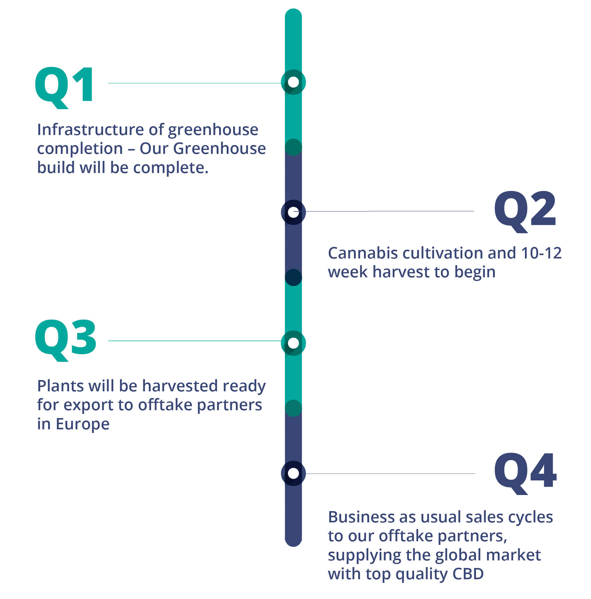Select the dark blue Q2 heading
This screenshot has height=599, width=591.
pos(524,212)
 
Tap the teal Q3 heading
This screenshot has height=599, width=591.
pos(65,341)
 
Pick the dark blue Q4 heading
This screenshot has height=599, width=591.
pos(525,474)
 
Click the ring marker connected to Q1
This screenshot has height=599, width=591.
pos(293,82)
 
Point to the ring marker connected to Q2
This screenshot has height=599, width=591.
pos(293,212)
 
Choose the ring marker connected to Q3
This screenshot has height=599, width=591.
pos(293,343)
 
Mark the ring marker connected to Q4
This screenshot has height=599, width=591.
pos(293,473)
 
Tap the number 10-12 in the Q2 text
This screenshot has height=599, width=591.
pos(541,253)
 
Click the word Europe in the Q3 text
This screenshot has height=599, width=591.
pos(82,424)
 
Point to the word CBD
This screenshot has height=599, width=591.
pos(468,573)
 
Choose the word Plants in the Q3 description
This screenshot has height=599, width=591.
pos(61,386)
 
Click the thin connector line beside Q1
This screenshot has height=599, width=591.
pos(194,83)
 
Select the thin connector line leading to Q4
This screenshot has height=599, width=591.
pos(390,473)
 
